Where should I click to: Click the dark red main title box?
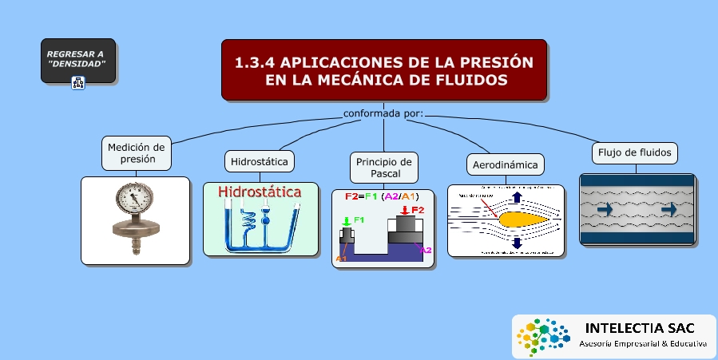(384, 70)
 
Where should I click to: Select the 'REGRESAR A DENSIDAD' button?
(77, 58)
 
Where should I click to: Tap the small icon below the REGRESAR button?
(78, 82)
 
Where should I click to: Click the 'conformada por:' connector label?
(383, 113)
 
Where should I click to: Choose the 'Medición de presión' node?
(137, 152)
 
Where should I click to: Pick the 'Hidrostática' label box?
(259, 160)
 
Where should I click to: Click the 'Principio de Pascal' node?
(384, 168)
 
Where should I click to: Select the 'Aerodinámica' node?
(506, 164)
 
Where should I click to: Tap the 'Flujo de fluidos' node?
(636, 152)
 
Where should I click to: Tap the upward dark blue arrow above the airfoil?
(517, 198)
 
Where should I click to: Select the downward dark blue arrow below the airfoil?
(517, 242)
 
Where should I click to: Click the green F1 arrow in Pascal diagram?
(346, 221)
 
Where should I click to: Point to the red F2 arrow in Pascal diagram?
(405, 210)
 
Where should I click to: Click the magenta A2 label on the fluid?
(425, 250)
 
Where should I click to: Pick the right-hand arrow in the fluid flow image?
(670, 209)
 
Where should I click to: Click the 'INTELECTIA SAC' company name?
(640, 328)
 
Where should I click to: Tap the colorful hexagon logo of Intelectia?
(542, 337)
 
